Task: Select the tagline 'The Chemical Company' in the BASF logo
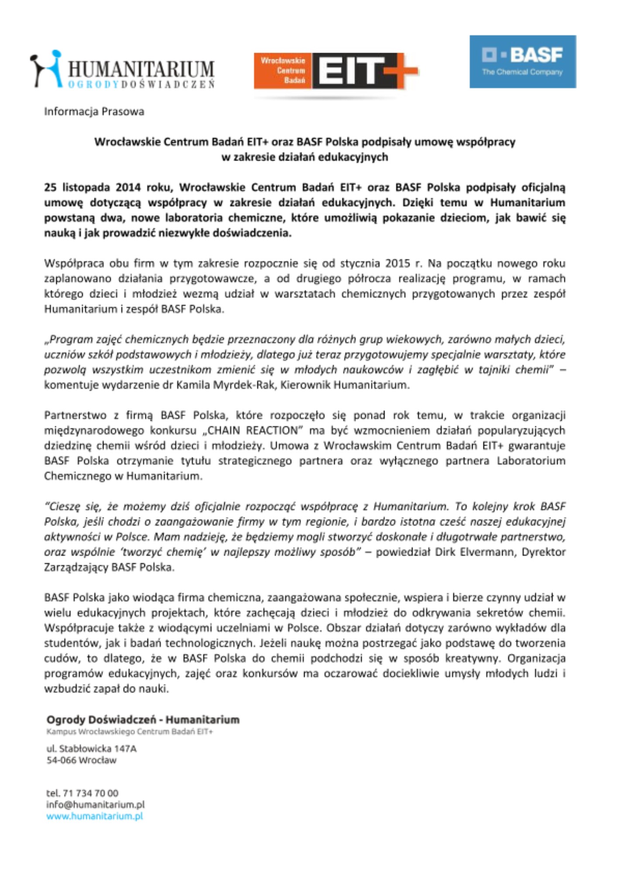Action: point(522,72)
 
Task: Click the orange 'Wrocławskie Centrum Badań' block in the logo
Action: point(283,70)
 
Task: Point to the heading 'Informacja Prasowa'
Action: point(94,112)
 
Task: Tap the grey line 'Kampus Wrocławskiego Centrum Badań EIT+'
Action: point(130,732)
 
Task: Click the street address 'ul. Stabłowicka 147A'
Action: point(91,749)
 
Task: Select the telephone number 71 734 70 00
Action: point(90,793)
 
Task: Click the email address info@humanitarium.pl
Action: point(95,804)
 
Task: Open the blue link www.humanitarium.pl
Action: point(95,816)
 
